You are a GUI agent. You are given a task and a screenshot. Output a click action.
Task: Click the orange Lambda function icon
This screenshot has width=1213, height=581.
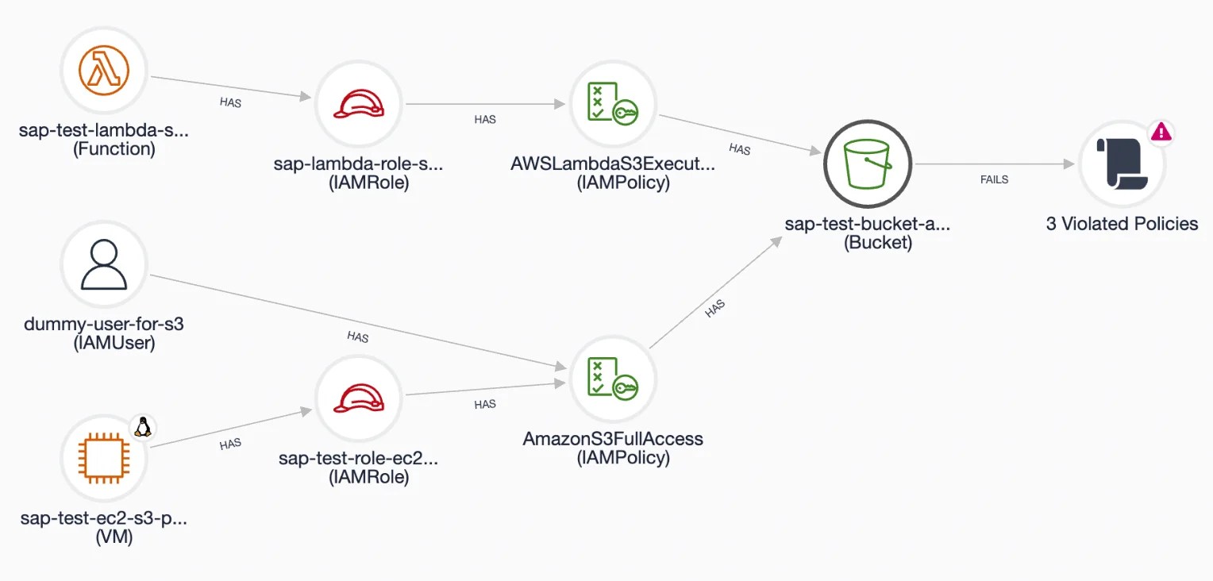click(104, 71)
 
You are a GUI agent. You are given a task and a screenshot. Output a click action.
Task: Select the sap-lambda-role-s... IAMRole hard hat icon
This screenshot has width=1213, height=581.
click(359, 104)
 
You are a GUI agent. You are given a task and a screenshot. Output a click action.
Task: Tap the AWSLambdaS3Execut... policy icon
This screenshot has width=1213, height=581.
click(613, 103)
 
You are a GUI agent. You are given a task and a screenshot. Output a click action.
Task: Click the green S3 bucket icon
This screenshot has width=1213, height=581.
click(868, 164)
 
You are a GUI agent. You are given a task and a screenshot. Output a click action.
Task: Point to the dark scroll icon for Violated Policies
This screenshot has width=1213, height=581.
click(1122, 164)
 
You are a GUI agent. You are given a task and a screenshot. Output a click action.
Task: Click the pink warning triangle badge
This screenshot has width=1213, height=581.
click(1161, 132)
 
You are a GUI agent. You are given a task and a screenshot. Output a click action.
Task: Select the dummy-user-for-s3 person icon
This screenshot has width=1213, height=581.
click(104, 264)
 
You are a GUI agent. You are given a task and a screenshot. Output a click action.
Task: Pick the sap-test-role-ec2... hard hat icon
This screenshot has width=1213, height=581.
click(359, 398)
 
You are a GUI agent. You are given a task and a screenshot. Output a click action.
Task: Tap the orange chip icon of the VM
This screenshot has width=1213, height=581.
click(104, 458)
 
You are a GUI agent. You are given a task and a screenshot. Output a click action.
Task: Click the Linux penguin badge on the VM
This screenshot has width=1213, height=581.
click(143, 427)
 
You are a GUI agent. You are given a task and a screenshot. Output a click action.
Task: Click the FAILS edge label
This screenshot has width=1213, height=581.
click(994, 179)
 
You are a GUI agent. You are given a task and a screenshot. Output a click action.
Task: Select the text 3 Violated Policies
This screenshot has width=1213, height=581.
click(1122, 224)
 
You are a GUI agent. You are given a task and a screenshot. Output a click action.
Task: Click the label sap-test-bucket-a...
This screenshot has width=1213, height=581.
click(868, 224)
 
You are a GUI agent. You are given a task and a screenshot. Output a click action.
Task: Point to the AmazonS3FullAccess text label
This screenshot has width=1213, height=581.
click(613, 439)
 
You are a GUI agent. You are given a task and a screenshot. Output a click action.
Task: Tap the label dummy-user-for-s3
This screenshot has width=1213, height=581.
click(104, 324)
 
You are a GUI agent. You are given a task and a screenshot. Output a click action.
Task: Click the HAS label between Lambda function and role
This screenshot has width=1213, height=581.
click(231, 102)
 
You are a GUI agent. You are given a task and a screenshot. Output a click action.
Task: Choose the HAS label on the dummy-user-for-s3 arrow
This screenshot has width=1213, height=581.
click(358, 337)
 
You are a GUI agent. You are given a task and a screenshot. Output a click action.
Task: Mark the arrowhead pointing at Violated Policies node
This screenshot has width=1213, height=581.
click(1069, 164)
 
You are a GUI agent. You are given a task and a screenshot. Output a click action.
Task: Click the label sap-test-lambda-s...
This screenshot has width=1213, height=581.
click(104, 130)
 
